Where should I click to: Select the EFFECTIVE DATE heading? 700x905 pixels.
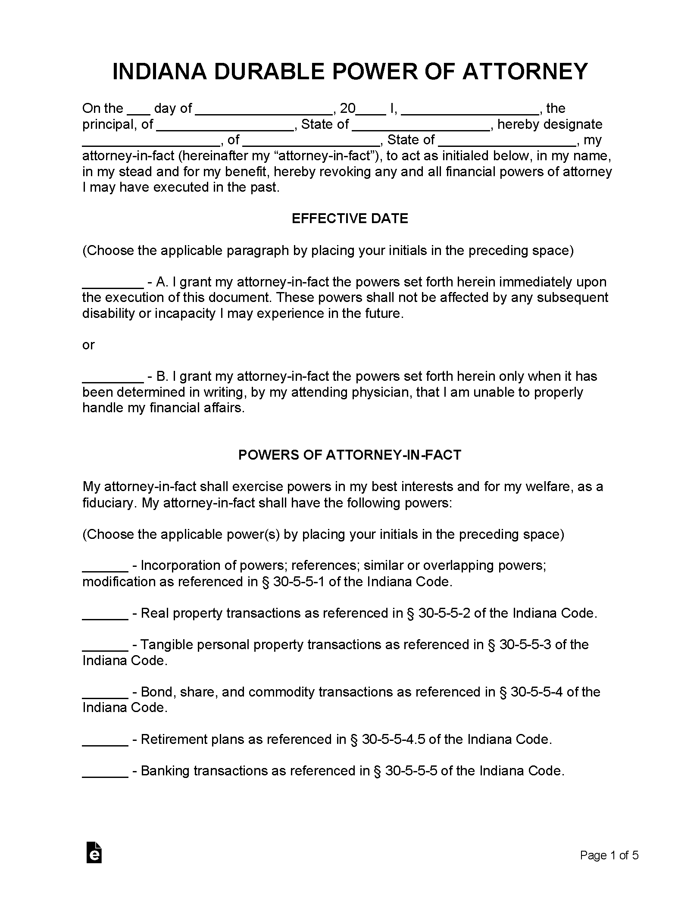(350, 218)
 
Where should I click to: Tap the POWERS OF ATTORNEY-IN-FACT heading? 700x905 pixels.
(350, 455)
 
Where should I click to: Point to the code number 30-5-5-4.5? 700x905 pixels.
(394, 740)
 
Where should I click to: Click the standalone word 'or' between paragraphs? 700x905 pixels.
(88, 345)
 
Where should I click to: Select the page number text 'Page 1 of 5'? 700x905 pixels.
(609, 855)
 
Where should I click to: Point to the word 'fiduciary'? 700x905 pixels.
(108, 503)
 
